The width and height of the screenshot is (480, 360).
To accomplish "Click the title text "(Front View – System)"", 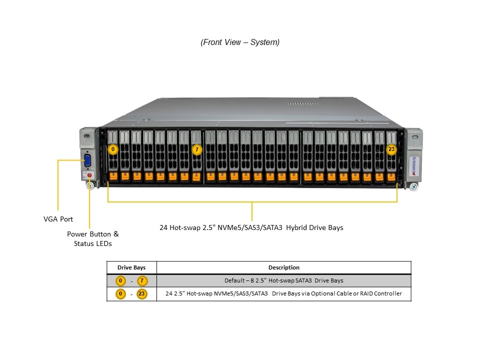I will tap(240, 42).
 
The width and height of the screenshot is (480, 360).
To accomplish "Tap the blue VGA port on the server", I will tap(88, 161).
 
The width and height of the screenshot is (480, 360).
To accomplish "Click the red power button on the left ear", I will tap(89, 175).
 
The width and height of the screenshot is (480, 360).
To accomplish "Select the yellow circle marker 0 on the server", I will tap(113, 149).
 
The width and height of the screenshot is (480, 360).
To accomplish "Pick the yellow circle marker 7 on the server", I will tap(197, 149).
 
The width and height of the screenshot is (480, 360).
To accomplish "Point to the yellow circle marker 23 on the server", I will tap(391, 149).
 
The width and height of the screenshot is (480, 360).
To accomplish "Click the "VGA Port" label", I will tap(58, 219).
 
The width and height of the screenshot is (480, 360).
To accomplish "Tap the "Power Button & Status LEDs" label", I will tap(93, 238).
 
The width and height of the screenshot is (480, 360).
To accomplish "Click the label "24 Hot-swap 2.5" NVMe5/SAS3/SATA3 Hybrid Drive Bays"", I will tap(251, 227).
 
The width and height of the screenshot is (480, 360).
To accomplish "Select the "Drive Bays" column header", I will tap(131, 267).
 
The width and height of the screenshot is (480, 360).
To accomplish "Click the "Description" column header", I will tap(284, 267).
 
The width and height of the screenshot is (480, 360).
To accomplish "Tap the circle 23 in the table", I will tap(141, 294).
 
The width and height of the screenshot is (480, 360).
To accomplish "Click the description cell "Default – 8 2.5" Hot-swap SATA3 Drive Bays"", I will tap(284, 280).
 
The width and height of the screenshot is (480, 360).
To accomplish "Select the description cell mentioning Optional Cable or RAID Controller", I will tap(284, 294).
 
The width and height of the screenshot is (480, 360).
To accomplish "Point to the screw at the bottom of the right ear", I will tap(413, 187).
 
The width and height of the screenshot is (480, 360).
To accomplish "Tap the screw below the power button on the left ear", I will tap(90, 186).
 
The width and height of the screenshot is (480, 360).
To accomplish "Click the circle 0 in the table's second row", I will tap(120, 294).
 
